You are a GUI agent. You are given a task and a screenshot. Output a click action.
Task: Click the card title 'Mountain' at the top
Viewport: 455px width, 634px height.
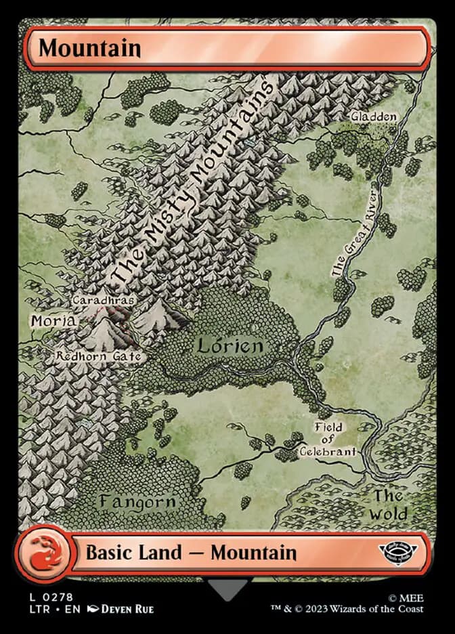click(x=89, y=48)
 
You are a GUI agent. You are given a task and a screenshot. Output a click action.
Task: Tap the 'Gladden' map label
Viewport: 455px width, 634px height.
click(x=373, y=117)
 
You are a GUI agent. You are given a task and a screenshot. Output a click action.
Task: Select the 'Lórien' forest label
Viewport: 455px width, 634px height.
click(x=230, y=346)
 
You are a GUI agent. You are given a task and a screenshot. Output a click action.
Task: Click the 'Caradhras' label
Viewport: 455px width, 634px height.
click(x=103, y=299)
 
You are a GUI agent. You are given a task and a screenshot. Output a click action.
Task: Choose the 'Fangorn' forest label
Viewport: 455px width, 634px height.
click(x=137, y=502)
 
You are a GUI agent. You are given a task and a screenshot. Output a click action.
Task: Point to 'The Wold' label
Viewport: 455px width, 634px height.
click(x=389, y=505)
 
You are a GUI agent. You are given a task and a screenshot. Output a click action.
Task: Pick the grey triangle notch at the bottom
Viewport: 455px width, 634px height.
click(x=228, y=589)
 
